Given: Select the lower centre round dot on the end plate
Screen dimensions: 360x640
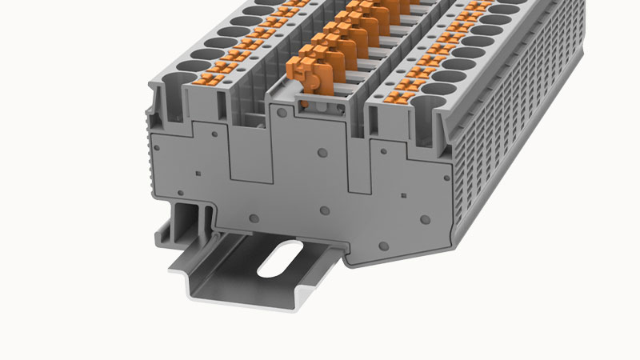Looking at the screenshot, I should pyautogui.click(x=325, y=210).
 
